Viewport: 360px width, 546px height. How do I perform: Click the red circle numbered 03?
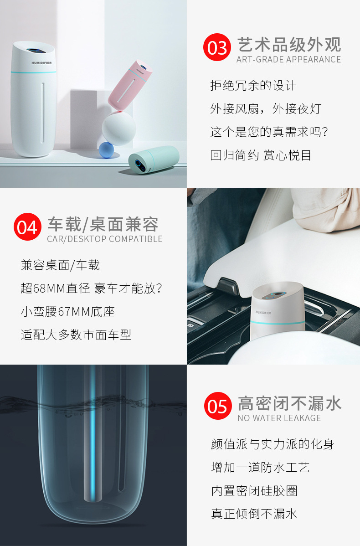point(217,47)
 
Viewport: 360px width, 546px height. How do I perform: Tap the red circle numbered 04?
point(27,227)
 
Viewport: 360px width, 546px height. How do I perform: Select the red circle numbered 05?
point(218,406)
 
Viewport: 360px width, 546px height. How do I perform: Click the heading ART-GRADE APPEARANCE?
point(288,60)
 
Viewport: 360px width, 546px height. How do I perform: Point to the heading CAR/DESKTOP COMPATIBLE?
point(105,239)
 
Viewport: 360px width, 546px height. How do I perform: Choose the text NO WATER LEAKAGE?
point(279,418)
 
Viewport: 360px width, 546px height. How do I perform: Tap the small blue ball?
point(107,150)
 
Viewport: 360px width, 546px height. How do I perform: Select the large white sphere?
point(119,129)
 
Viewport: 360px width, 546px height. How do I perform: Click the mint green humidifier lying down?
point(154,160)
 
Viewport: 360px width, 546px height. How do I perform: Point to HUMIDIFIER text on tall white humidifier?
point(41,63)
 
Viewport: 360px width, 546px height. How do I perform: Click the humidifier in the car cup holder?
point(278,311)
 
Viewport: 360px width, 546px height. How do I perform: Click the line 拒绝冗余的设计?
point(253,85)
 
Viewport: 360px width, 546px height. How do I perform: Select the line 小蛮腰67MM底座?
point(68,311)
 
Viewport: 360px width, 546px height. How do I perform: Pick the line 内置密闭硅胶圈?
point(254,490)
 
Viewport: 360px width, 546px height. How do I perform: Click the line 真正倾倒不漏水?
point(254,514)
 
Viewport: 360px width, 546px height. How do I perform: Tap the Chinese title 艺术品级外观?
point(289,45)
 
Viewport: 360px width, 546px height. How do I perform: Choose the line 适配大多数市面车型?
point(76,335)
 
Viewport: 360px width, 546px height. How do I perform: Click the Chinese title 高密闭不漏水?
point(290,403)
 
